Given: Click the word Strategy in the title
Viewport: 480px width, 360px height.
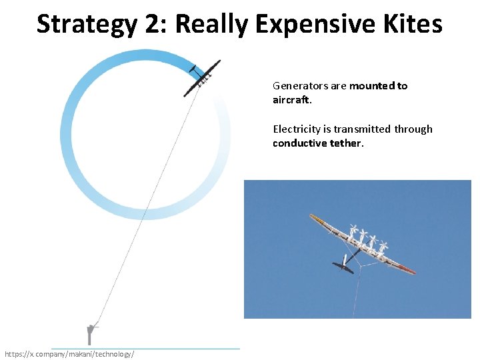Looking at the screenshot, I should click(x=87, y=24).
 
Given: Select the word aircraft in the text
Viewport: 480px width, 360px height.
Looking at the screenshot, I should click(x=291, y=99).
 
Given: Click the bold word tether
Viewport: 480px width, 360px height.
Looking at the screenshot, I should click(x=347, y=143).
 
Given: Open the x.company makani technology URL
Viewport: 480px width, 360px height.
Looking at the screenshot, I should click(x=69, y=353).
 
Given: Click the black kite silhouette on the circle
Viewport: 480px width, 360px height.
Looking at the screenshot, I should click(x=201, y=78).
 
